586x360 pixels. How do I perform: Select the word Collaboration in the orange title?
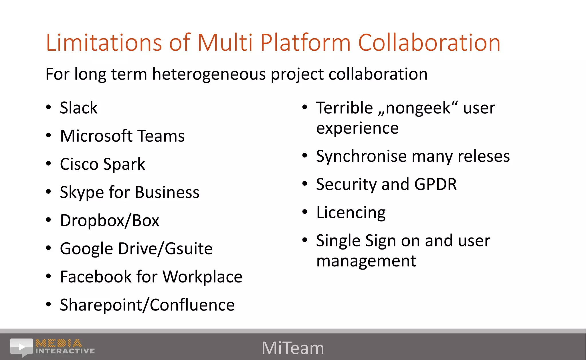point(429,43)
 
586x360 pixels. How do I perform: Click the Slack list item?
point(79,108)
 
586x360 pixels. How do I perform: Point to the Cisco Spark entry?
point(102,164)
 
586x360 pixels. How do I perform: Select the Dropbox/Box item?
point(110,221)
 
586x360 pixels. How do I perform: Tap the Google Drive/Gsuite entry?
point(136,248)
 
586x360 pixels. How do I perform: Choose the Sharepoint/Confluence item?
point(147,305)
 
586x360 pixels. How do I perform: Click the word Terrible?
point(345,108)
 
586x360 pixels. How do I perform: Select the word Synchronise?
point(361,157)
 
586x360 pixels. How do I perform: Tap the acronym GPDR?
point(435,184)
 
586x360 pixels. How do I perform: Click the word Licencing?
point(351,213)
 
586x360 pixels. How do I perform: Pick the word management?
point(366,261)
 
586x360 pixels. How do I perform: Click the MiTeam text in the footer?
point(293,348)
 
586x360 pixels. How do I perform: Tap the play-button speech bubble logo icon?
point(21,347)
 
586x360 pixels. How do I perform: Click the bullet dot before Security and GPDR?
point(305,184)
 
